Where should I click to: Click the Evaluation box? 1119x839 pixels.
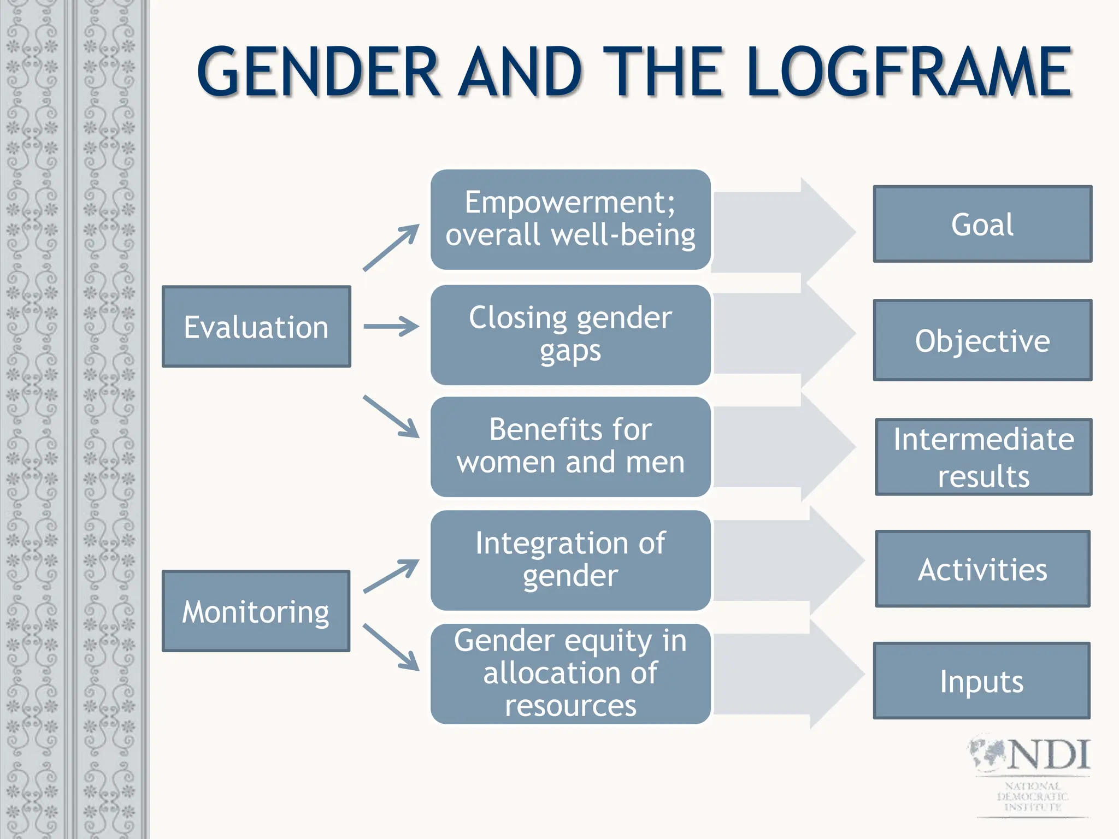click(256, 327)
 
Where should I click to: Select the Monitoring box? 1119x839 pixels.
click(256, 611)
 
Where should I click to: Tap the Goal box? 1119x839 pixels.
click(982, 224)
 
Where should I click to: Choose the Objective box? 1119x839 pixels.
click(982, 340)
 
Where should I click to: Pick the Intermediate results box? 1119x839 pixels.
click(983, 457)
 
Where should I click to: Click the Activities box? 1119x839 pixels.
click(982, 569)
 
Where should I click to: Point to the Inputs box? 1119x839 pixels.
click(981, 681)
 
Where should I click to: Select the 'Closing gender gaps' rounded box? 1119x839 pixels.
click(570, 334)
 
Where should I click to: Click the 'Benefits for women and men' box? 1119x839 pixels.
click(570, 446)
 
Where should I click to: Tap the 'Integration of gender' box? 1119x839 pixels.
click(570, 560)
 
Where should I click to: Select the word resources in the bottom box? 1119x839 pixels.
click(570, 705)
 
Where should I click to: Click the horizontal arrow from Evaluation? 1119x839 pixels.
click(391, 327)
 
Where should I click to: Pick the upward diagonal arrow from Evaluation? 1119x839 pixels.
click(391, 247)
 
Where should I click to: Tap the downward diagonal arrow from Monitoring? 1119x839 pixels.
click(391, 647)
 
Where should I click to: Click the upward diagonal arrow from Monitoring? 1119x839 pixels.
click(391, 576)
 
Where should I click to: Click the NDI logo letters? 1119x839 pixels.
click(1048, 755)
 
